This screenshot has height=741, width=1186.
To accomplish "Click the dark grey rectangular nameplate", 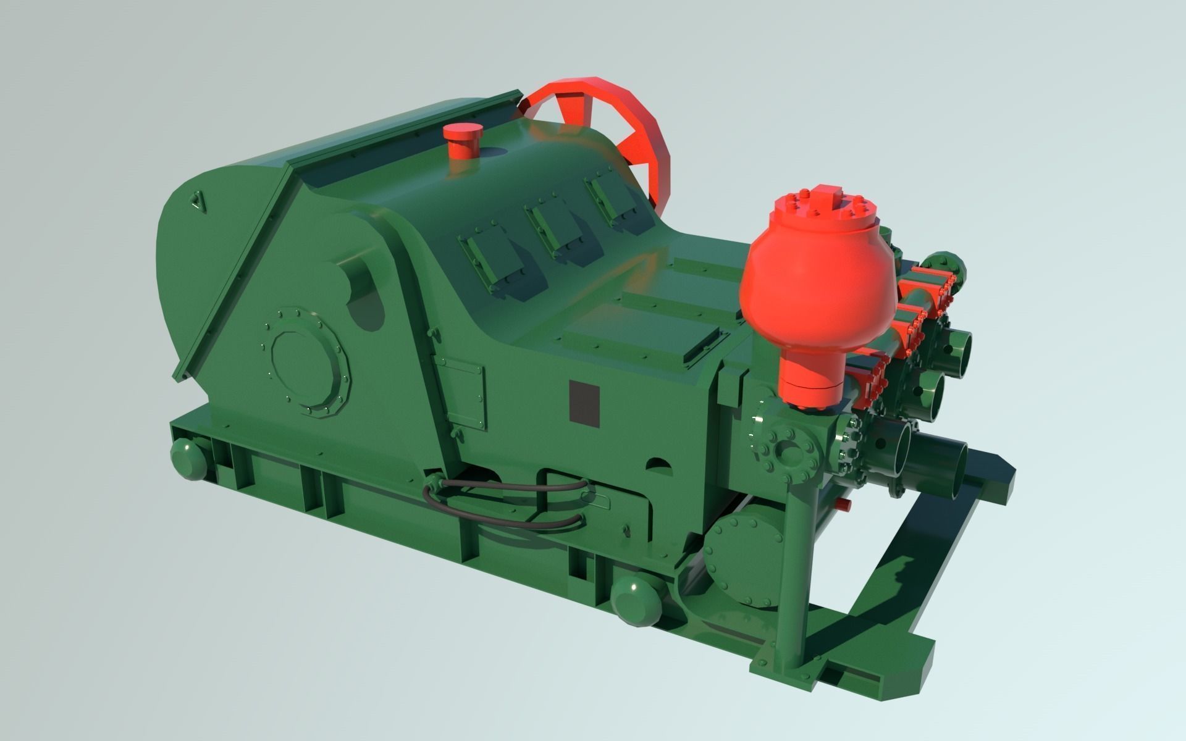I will (x=584, y=403).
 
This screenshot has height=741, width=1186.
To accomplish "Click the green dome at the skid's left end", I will (x=187, y=458).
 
